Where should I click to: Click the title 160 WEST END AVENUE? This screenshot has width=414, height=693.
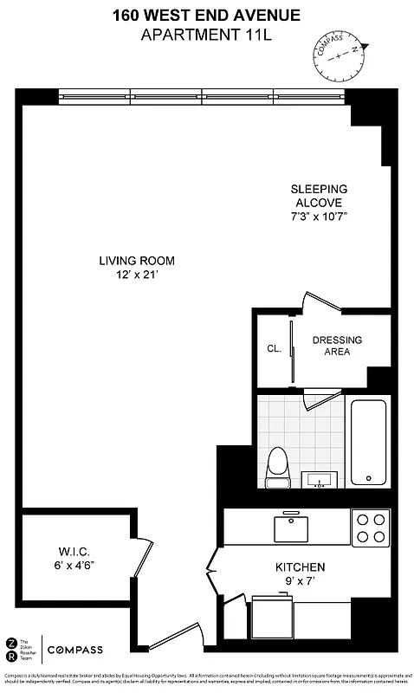(206, 15)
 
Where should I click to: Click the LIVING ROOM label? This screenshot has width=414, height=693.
(137, 261)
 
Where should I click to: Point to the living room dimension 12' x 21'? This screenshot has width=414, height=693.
(137, 275)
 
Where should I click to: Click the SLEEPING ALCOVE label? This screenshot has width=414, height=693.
(319, 196)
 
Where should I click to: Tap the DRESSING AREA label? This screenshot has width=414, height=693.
(337, 346)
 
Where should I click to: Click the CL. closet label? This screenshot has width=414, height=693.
(275, 349)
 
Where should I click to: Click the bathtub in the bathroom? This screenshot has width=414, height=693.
(368, 440)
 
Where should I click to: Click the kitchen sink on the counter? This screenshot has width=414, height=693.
(290, 526)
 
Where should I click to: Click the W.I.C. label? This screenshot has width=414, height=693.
(74, 551)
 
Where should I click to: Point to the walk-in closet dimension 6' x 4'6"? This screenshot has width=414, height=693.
(74, 565)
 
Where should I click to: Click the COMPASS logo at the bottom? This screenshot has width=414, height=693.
(74, 650)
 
